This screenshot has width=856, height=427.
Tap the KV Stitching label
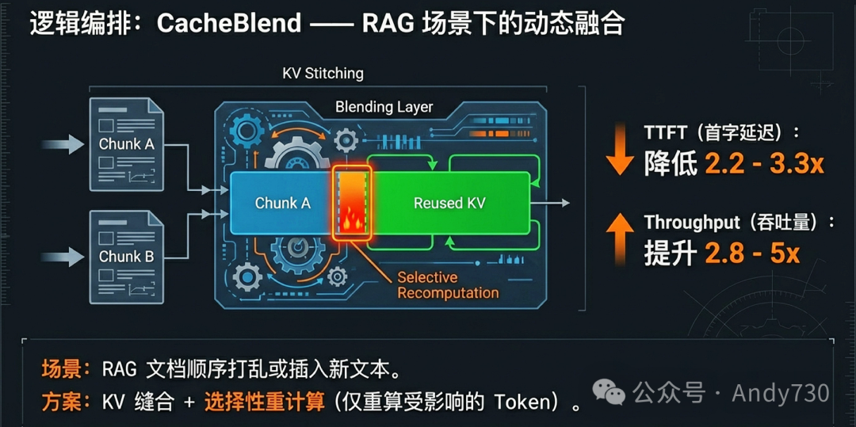[x=323, y=74]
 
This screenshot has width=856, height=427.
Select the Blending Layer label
[x=384, y=107]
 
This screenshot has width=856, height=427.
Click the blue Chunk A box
[x=281, y=204]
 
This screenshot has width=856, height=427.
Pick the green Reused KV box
[x=449, y=204]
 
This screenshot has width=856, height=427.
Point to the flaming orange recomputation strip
[x=351, y=204]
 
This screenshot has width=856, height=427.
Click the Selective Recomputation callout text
[x=448, y=285]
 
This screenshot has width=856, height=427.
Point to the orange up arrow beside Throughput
[x=620, y=238]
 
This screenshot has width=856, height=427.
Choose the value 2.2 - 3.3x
[x=764, y=164]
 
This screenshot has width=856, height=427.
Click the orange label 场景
[x=60, y=368]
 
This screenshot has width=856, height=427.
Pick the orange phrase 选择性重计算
[x=264, y=402]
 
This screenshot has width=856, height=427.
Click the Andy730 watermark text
[x=780, y=392]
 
